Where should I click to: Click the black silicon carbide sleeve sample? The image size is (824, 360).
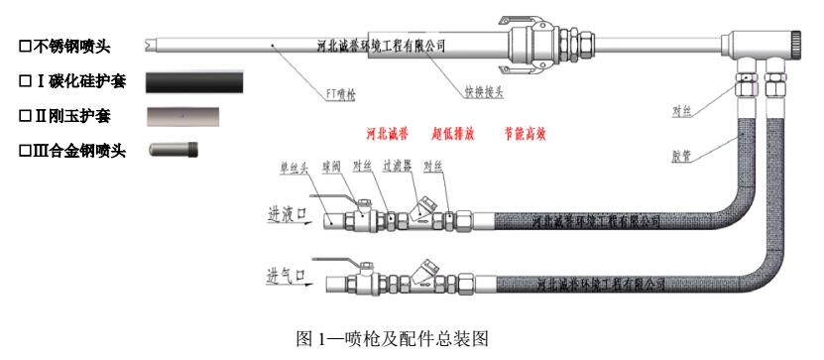193,80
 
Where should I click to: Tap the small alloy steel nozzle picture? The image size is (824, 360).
173,152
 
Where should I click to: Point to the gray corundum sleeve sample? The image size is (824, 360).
193,116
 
